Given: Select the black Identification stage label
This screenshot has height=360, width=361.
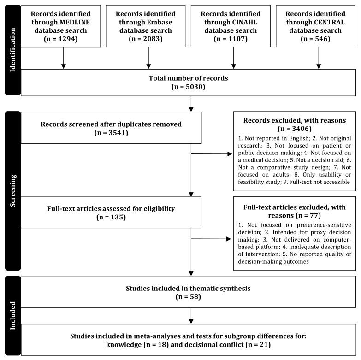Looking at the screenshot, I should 12,50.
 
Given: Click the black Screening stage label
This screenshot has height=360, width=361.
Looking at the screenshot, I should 12,190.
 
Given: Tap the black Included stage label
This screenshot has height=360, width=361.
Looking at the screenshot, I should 12,317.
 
